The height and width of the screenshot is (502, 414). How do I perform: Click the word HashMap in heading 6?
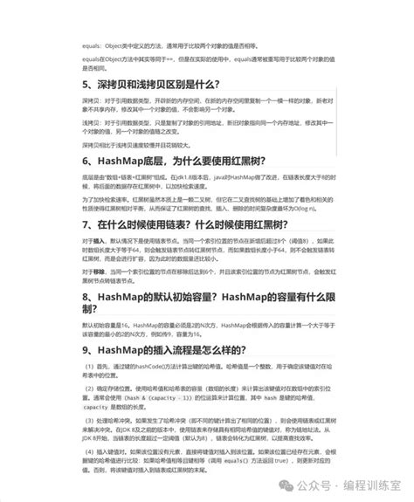click(x=114, y=162)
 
